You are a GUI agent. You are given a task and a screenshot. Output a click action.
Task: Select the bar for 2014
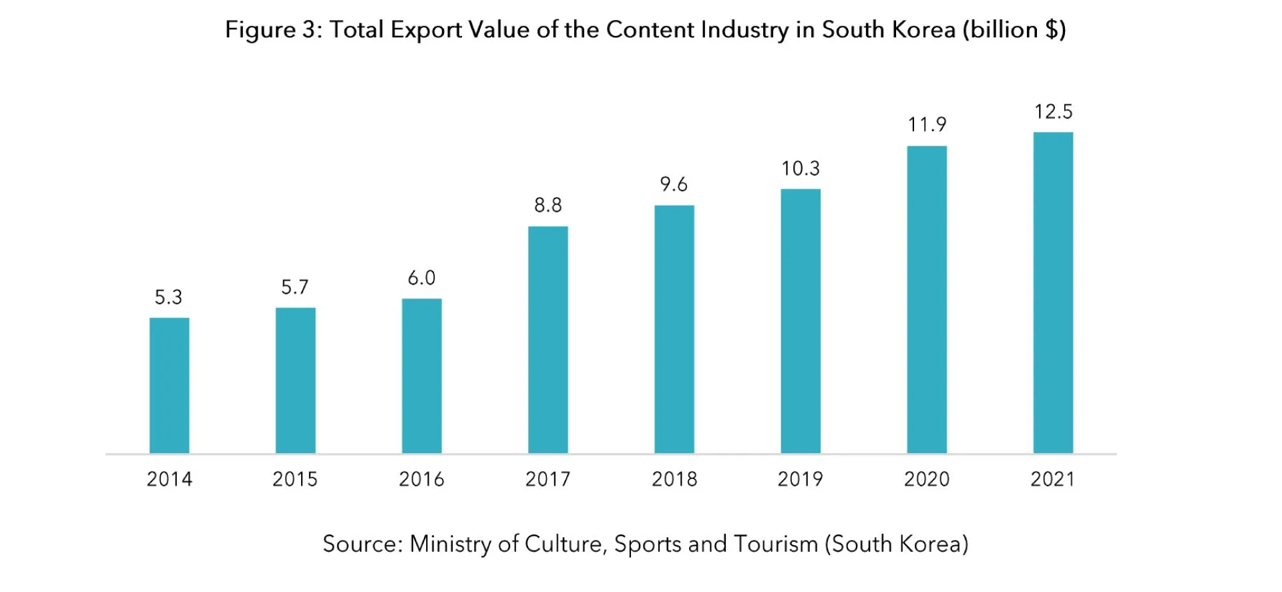pos(169,386)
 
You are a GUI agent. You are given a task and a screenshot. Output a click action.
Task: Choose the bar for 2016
pos(421,376)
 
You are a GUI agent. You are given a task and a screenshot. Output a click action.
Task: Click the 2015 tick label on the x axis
pos(295,479)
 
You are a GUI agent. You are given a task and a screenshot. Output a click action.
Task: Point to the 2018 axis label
pos(674,479)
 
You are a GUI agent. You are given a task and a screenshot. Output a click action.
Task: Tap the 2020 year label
pos(926,479)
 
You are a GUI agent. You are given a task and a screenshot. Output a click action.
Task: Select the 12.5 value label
pos(1053,112)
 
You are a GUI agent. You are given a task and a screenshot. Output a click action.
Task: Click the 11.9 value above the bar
pos(927,125)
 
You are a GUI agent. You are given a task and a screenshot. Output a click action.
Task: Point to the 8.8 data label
pos(548,205)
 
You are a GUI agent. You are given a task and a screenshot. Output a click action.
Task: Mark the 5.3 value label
pos(168,297)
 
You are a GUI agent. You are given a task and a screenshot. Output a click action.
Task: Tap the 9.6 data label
pos(674,184)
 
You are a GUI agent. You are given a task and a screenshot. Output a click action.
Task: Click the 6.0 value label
pos(421,278)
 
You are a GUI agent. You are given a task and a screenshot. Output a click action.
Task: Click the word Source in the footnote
pos(361,544)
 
